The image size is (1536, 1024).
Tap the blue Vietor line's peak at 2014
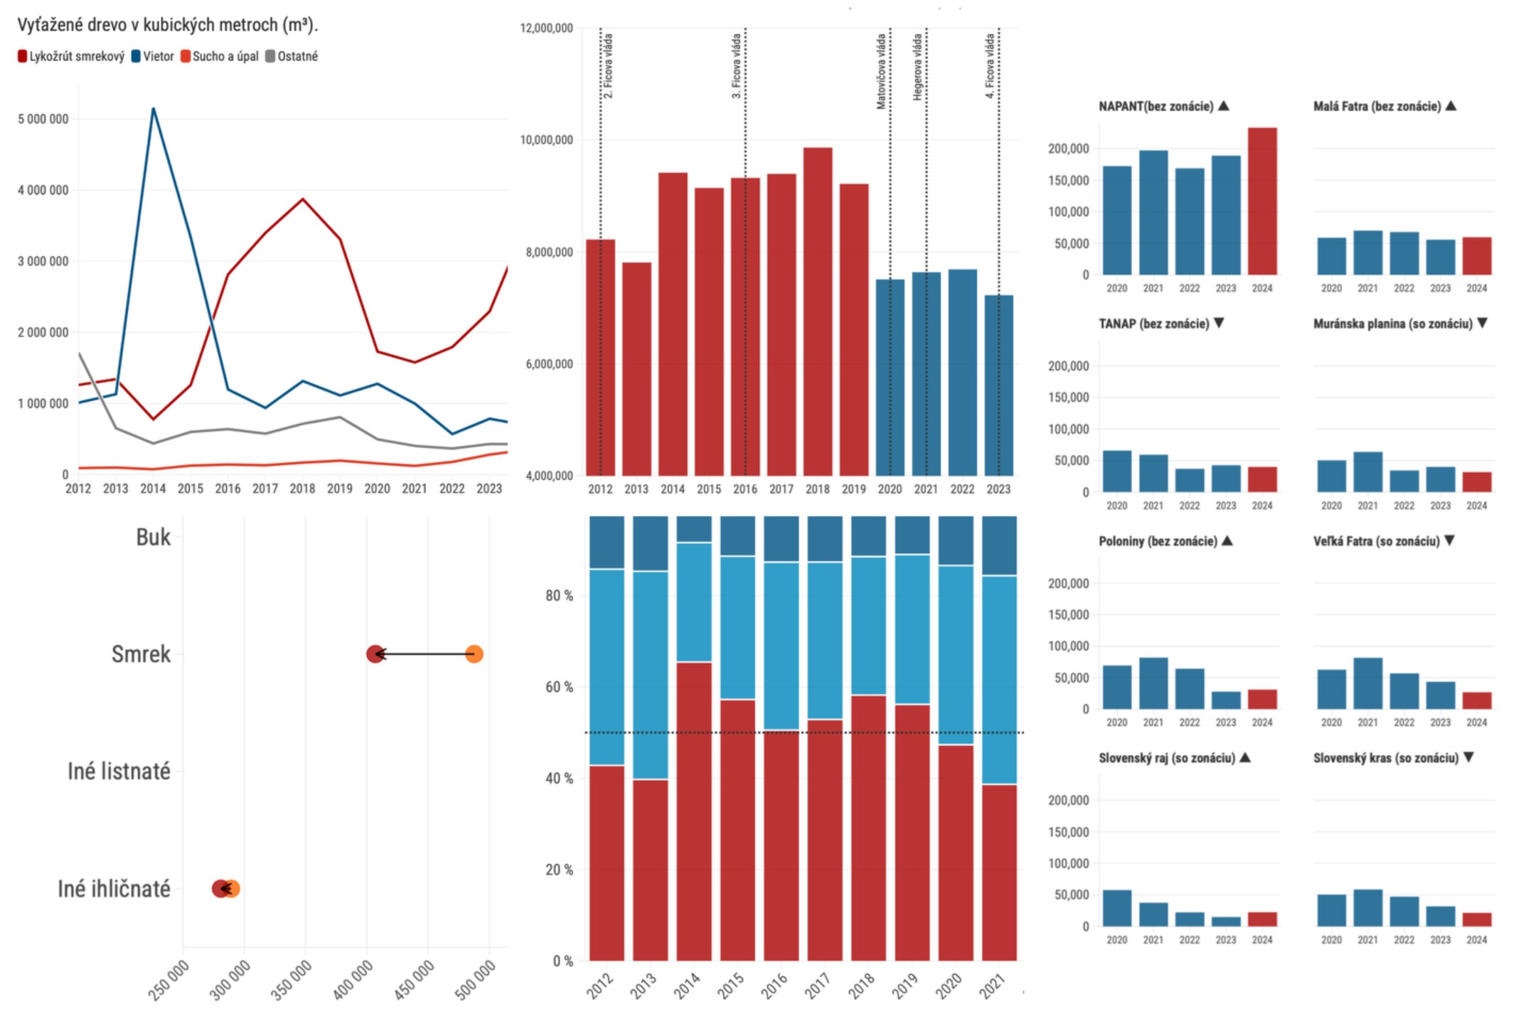[154, 109]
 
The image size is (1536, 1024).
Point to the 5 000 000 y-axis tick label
[43, 119]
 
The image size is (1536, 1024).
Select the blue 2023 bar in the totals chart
[998, 385]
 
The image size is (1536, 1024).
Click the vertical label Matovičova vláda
[882, 71]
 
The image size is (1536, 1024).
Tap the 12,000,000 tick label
[546, 28]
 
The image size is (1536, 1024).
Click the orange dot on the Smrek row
[474, 654]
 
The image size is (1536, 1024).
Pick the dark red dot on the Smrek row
[375, 654]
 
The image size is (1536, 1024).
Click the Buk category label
[153, 537]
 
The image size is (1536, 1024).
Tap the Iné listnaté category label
[119, 771]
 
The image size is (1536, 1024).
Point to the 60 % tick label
[559, 687]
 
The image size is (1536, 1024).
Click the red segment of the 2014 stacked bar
[694, 811]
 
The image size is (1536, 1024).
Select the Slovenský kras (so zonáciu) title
[1385, 758]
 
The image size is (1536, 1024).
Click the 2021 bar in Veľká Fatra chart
[1367, 683]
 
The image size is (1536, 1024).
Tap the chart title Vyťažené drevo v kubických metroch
[167, 25]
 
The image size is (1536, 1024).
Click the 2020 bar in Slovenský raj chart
[1117, 908]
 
